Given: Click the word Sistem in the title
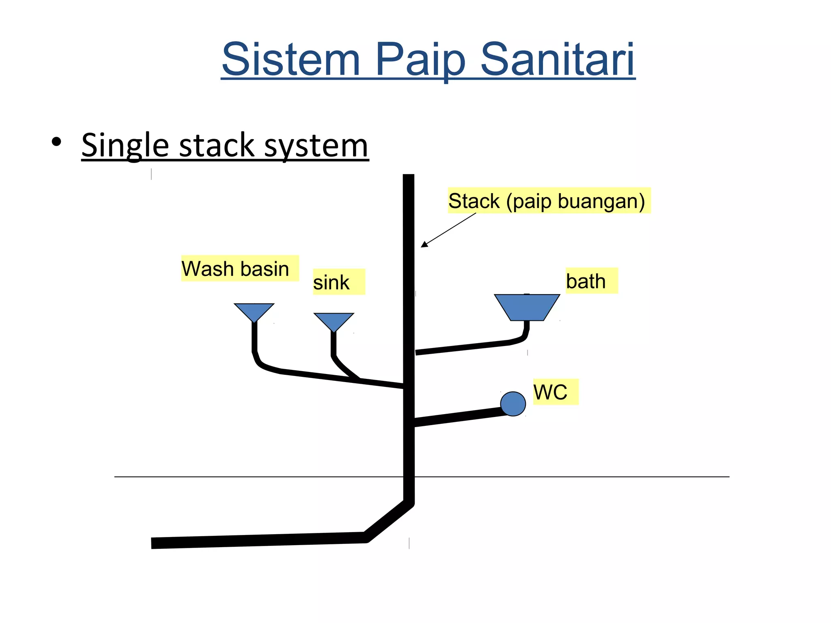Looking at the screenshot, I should coord(291,60).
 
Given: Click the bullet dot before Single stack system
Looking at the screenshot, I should coord(56,142).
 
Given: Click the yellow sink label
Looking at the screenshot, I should coord(338,282).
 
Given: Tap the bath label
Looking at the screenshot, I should coord(591,281).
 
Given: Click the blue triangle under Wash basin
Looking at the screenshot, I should coord(254,311).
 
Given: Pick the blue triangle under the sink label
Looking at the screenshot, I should coord(334,320).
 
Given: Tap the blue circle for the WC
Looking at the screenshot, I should coord(513,404).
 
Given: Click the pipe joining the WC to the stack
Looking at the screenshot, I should coord(459,417).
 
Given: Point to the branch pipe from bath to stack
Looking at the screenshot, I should coord(463,347).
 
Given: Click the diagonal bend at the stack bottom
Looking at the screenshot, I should coord(389,522).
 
